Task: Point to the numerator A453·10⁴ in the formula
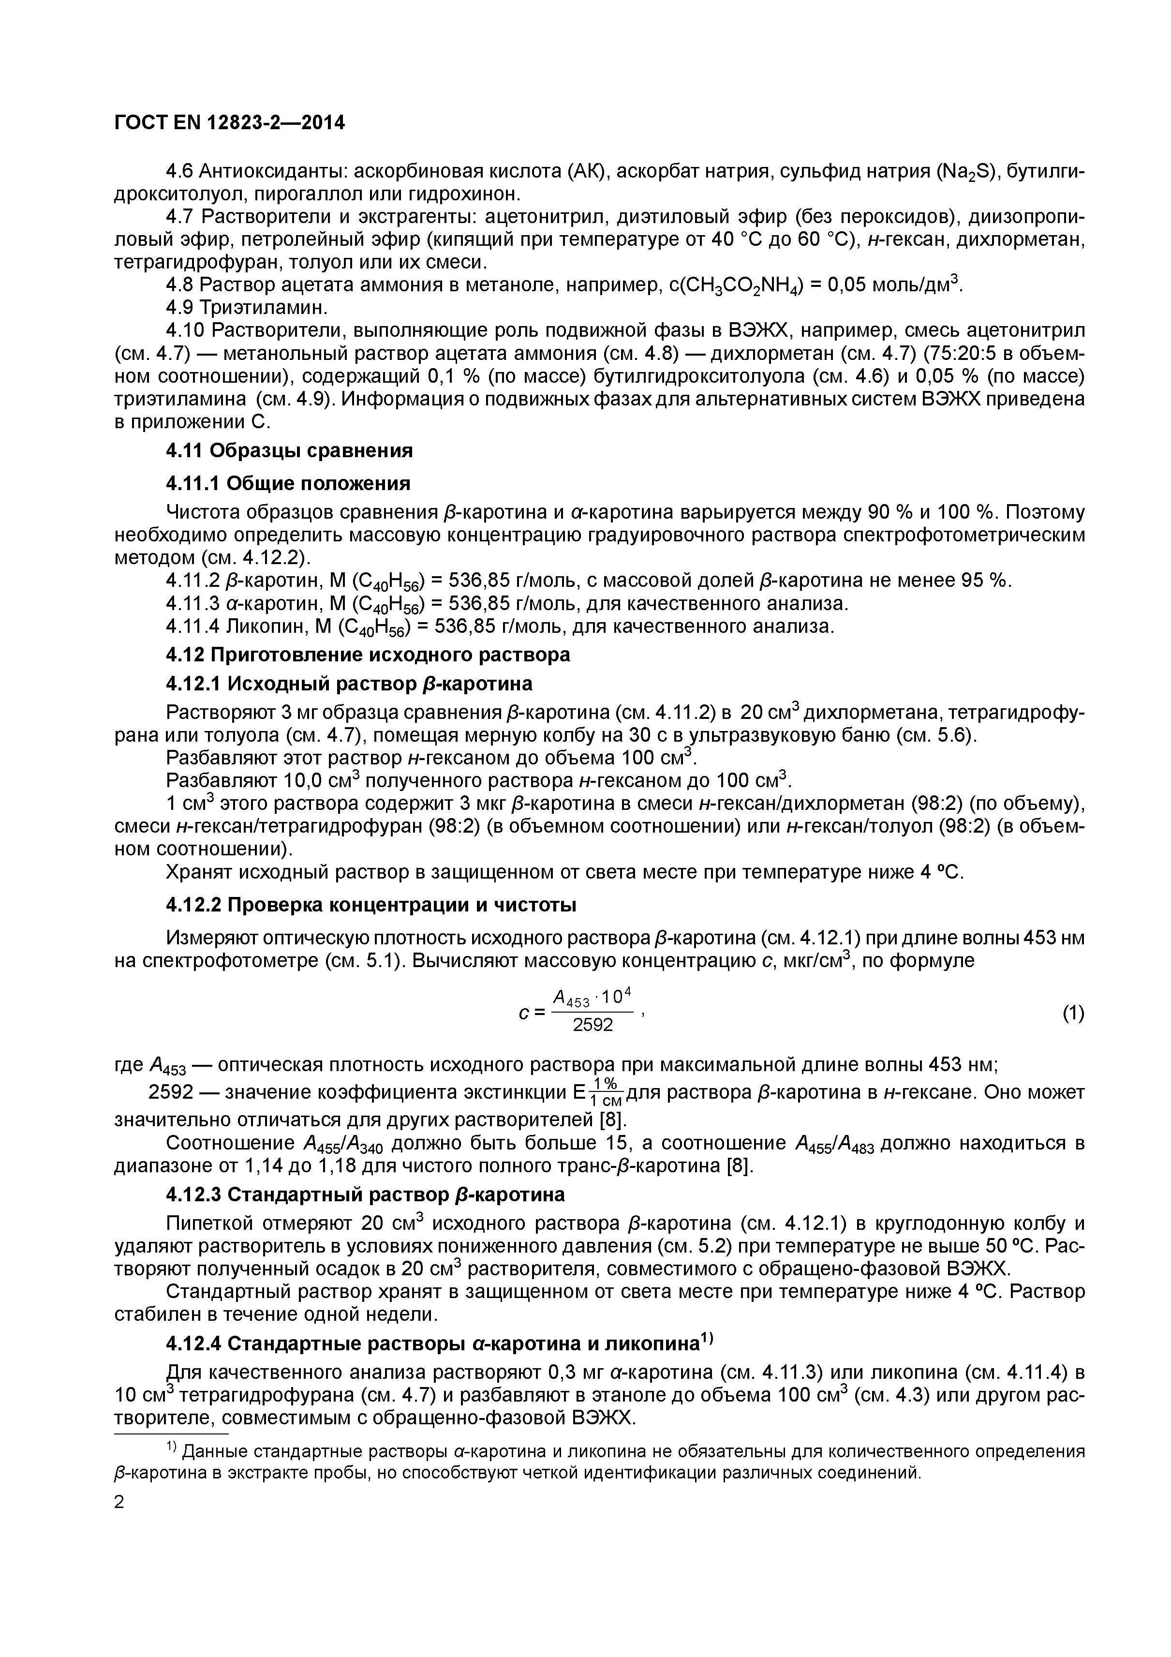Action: pyautogui.click(x=592, y=998)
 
